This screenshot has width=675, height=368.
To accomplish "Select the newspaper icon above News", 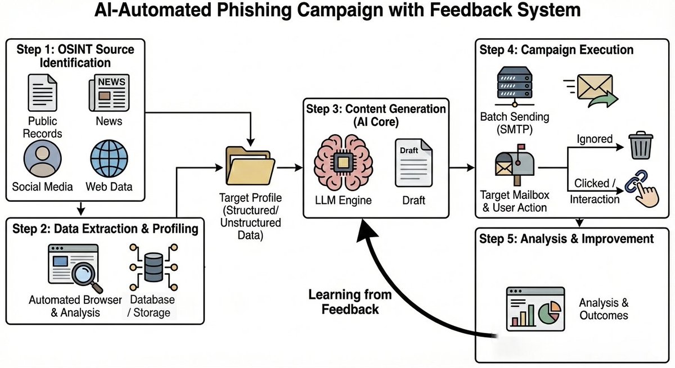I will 108,93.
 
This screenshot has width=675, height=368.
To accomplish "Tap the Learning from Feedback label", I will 343,301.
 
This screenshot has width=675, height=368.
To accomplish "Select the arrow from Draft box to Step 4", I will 461,167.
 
